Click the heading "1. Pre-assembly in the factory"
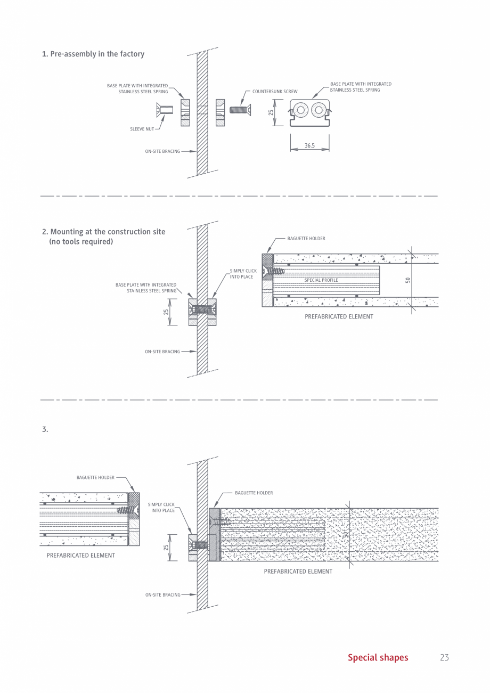coord(93,54)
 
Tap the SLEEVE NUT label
coord(142,129)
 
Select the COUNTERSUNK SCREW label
coord(275,92)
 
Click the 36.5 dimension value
coord(309,145)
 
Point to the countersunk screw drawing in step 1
coord(240,110)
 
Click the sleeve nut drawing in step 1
coord(165,110)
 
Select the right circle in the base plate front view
coord(318,110)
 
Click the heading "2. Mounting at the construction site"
coord(104,232)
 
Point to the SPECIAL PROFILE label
coord(321,280)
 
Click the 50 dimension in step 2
coord(408,280)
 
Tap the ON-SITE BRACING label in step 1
coord(162,152)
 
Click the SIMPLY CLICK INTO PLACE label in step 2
coord(243,274)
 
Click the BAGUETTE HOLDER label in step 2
coord(306,239)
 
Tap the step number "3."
coord(45,429)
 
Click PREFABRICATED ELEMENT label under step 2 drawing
coord(339,317)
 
